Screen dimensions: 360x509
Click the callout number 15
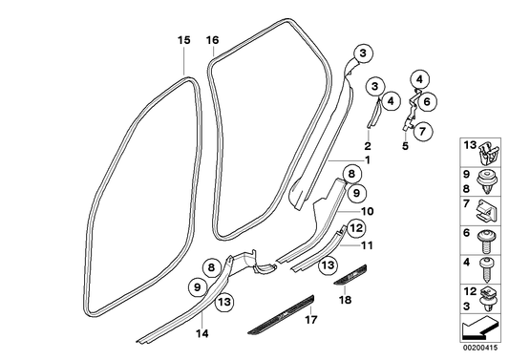point(183,40)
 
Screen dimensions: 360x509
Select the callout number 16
point(212,40)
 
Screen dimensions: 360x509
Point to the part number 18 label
point(346,300)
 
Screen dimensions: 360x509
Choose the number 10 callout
point(369,211)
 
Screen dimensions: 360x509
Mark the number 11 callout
point(369,245)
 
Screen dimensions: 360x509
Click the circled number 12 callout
point(355,228)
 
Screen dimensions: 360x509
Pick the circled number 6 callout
point(426,99)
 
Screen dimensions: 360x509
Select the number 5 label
point(404,147)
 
